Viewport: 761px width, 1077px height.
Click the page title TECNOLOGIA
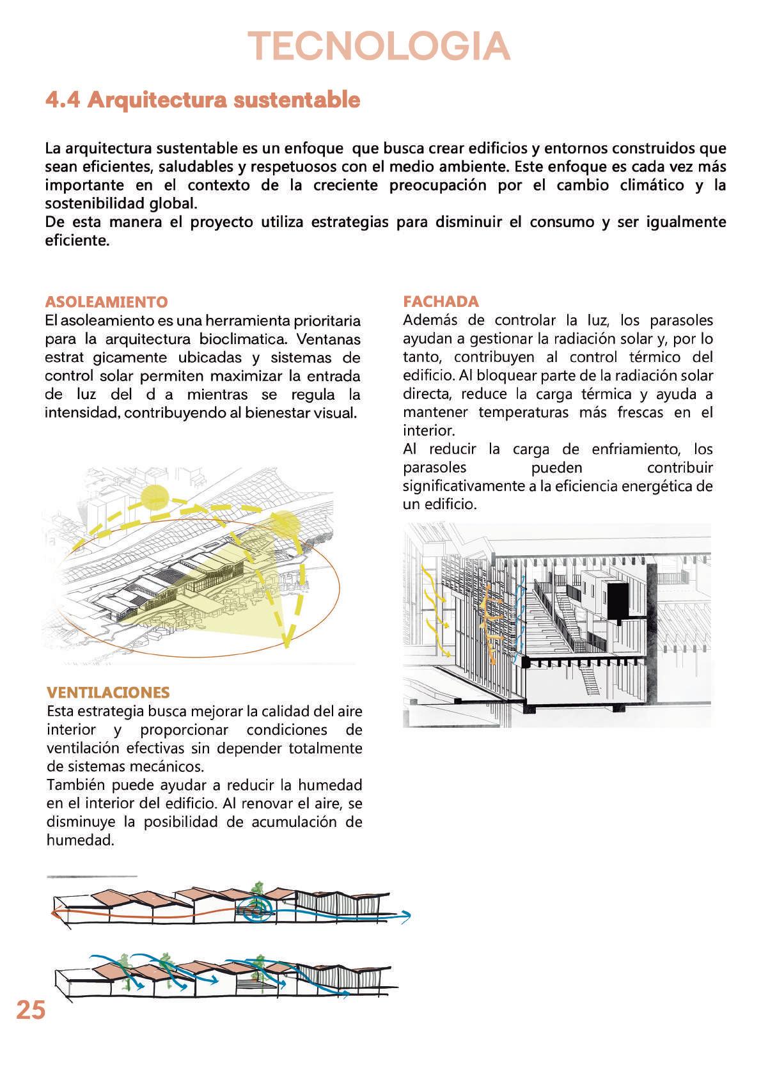coord(379,47)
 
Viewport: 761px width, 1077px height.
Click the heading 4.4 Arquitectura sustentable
coord(203,100)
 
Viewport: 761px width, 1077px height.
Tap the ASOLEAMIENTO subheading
coord(106,302)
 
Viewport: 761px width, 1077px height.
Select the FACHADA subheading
coord(441,302)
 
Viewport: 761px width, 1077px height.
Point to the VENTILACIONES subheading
coord(108,693)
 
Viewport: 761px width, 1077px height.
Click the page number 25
coord(31,1010)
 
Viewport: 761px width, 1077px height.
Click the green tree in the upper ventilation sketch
coord(258,890)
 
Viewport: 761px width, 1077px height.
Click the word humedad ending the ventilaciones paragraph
coord(80,840)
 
